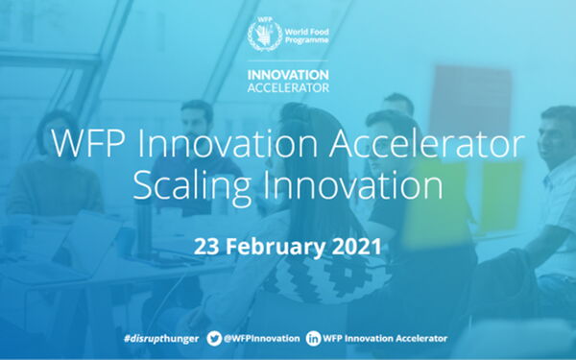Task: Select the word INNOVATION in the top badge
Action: (288, 73)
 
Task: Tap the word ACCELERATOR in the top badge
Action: (288, 86)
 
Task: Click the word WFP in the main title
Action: (88, 145)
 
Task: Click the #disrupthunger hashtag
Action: (157, 339)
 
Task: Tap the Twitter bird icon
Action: (216, 339)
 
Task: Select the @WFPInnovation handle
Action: (263, 339)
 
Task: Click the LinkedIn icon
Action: (314, 339)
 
